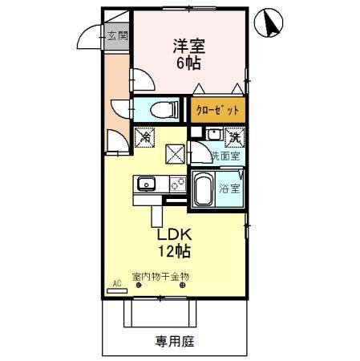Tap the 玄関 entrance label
pyautogui.click(x=116, y=35)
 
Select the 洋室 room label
pyautogui.click(x=184, y=44)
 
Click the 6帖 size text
pyautogui.click(x=184, y=62)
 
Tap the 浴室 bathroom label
pyautogui.click(x=230, y=189)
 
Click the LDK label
pyautogui.click(x=174, y=236)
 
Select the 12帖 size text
pyautogui.click(x=174, y=252)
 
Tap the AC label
pyautogui.click(x=116, y=283)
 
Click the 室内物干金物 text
pyautogui.click(x=161, y=276)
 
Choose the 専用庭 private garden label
pyautogui.click(x=173, y=341)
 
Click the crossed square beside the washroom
pyautogui.click(x=175, y=152)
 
